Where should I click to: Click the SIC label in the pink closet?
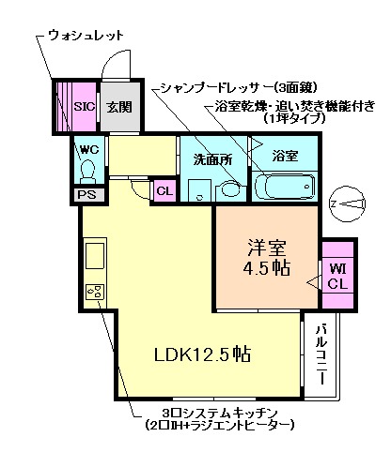84,107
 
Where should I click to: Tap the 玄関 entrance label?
118,107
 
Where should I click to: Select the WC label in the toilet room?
89,150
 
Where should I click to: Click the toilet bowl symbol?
90,173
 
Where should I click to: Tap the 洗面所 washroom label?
212,159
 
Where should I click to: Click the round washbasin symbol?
228,188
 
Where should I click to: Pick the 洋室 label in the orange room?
267,249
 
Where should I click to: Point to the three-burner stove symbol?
95,292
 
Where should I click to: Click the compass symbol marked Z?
350,202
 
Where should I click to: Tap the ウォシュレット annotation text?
86,35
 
